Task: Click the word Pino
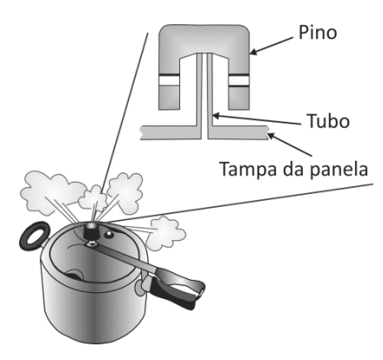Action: pyautogui.click(x=318, y=32)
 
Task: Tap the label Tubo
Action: pyautogui.click(x=328, y=121)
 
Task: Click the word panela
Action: pyautogui.click(x=339, y=169)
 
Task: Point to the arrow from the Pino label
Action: pyautogui.click(x=272, y=46)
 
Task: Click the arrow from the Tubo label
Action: pyautogui.click(x=257, y=120)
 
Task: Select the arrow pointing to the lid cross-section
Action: pyautogui.click(x=290, y=144)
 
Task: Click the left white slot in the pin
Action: pyautogui.click(x=169, y=81)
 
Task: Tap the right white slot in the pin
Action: pyautogui.click(x=239, y=81)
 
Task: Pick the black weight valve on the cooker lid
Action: pyautogui.click(x=91, y=232)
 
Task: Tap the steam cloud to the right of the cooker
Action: pyautogui.click(x=165, y=233)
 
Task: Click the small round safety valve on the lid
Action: pyautogui.click(x=109, y=234)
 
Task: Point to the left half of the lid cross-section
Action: pyautogui.click(x=171, y=133)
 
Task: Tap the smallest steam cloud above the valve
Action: pyautogui.click(x=93, y=198)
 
